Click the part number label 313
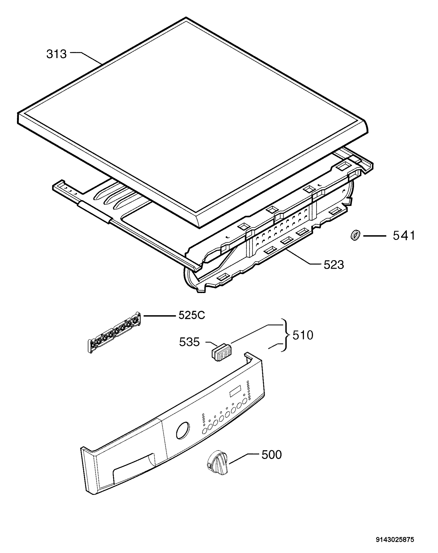57,54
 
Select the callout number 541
404,236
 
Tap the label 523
334,265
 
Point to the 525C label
192,316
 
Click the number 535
189,342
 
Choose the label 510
303,335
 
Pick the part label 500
272,455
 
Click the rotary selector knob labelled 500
217,463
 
